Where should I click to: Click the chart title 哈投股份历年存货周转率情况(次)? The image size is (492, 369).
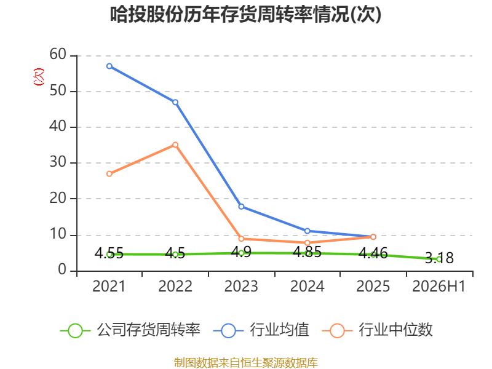tap(245, 14)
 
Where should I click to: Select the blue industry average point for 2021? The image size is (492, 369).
tap(109, 66)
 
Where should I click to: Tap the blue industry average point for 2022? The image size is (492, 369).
tap(175, 102)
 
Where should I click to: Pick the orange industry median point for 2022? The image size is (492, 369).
tap(175, 145)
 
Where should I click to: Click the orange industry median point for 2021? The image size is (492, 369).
tap(109, 174)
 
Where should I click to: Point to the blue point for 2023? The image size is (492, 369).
tap(241, 207)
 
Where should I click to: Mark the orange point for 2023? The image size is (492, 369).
tap(241, 239)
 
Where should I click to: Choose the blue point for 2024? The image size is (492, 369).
tap(307, 231)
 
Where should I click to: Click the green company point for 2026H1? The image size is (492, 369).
tap(439, 259)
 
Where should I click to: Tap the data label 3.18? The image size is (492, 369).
tap(439, 258)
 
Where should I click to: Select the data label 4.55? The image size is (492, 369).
tap(109, 253)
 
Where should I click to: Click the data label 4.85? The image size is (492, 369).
tap(307, 252)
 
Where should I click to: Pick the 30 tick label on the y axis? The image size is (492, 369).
tap(58, 162)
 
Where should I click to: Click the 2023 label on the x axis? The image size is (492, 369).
tap(241, 286)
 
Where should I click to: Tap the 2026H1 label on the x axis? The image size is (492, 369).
tap(438, 286)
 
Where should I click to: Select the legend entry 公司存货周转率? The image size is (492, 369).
tap(130, 330)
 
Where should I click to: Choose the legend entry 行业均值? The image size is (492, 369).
tap(261, 330)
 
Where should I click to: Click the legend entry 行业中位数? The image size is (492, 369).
tap(378, 330)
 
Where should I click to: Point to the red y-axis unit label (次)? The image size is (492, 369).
tap(39, 77)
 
